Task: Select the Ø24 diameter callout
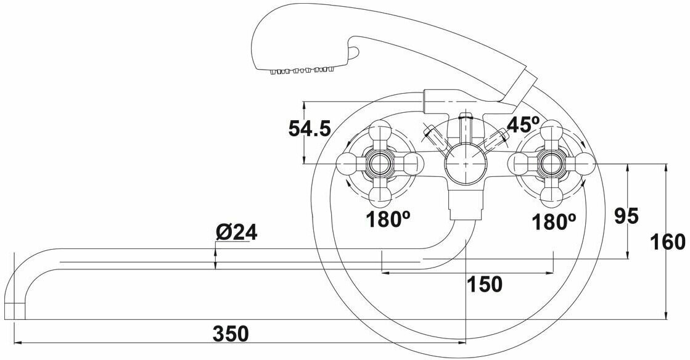236,232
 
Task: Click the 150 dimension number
484,284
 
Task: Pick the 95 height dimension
627,216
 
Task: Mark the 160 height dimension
668,242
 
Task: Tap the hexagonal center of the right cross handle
551,164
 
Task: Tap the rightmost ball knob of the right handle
583,164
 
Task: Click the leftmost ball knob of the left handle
347,165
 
